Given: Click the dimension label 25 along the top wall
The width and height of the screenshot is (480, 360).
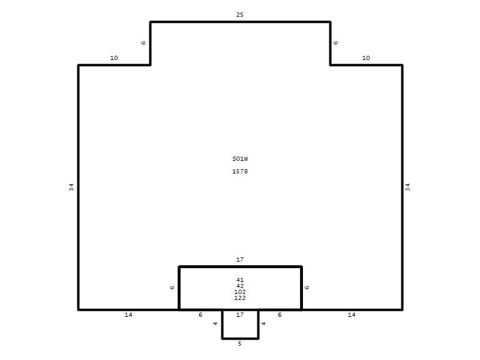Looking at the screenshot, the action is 239,14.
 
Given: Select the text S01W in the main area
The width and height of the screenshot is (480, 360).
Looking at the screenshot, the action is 240,158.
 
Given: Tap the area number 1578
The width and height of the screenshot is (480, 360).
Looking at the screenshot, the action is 240,171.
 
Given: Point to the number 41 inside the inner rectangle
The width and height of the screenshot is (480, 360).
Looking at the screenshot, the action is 240,280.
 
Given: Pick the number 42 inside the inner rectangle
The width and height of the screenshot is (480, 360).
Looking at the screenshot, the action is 240,286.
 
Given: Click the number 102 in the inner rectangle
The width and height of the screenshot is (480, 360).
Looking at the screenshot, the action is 240,292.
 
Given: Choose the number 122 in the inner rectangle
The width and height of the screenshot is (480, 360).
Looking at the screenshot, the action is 240,298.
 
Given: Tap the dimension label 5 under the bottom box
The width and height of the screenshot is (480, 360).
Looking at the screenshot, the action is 239,343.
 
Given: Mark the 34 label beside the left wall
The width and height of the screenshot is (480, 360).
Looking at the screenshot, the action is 71,187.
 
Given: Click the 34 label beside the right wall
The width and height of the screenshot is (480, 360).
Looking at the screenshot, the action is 408,187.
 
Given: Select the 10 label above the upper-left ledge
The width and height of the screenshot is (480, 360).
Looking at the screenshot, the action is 114,58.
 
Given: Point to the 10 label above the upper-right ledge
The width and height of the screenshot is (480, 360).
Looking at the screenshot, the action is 366,58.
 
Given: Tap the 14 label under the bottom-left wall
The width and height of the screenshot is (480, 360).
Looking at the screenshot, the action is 128,314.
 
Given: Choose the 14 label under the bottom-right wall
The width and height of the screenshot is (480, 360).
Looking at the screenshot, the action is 352,314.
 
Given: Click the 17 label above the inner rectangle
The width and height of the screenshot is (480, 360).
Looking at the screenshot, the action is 240,260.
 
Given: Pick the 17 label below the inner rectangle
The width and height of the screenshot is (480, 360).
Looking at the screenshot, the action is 240,314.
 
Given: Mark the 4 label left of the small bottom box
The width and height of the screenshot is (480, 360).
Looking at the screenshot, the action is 215,323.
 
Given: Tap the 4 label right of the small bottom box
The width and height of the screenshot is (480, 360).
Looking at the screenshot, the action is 263,323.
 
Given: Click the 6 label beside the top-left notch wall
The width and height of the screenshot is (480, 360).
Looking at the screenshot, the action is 143,43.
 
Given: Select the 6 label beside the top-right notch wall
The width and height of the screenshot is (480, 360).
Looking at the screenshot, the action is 336,43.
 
